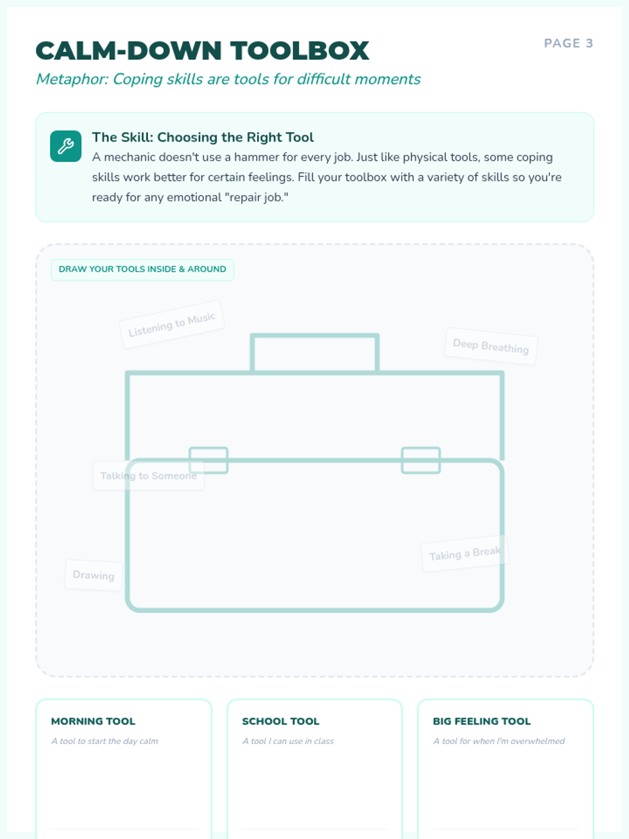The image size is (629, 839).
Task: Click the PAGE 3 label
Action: pos(568,43)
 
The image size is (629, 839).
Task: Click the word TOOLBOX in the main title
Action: pos(299,50)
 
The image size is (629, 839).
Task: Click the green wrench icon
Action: pos(66,146)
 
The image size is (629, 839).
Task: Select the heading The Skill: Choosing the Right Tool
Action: pos(203,137)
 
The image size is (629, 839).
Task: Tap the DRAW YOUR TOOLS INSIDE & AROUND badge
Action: pos(143,269)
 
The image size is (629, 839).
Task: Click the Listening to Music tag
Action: pos(172,324)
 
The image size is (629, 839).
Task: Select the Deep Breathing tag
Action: pos(491,346)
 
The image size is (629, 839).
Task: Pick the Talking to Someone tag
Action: pos(148,476)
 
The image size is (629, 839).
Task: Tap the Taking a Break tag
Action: pos(465,553)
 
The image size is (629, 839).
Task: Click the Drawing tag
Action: pos(94,575)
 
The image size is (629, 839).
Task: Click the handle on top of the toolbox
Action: pos(314,336)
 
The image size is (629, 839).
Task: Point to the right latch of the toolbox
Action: pos(421,460)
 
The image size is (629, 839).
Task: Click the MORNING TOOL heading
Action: pos(93,721)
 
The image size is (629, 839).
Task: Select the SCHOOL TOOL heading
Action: pos(281,721)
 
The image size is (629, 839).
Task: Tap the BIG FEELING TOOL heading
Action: pos(482,721)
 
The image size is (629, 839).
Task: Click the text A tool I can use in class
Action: pos(288,741)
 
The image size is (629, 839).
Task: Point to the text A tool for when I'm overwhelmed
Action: pos(499,741)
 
